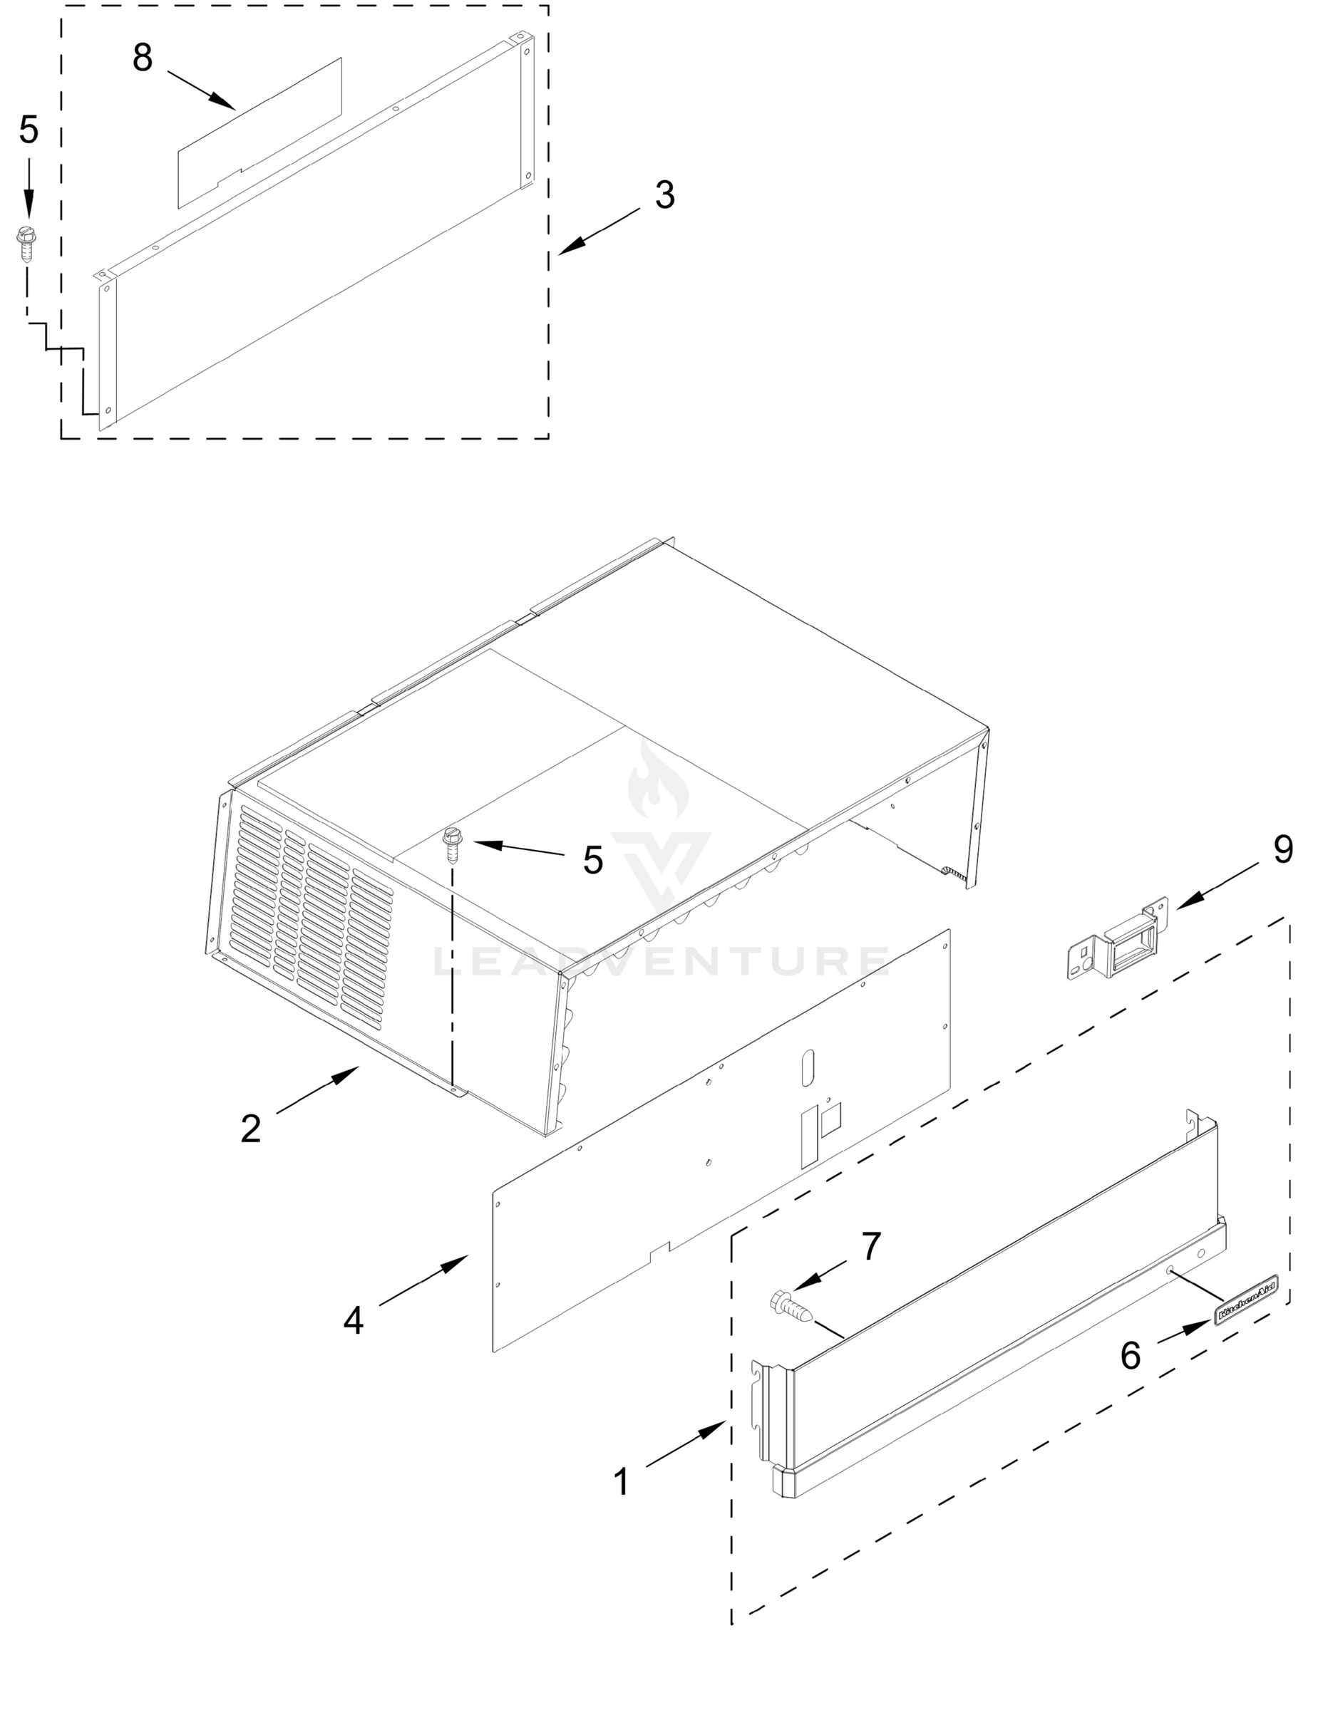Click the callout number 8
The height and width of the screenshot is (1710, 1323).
point(142,58)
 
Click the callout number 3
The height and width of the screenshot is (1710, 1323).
point(664,195)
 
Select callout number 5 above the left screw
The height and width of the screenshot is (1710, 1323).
point(29,129)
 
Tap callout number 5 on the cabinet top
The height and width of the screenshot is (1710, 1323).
point(593,861)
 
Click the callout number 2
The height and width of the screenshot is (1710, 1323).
point(251,1129)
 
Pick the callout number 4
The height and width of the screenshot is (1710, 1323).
point(354,1321)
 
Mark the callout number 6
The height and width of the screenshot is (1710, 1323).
point(1131,1355)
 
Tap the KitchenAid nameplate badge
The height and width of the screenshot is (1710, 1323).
point(1246,1300)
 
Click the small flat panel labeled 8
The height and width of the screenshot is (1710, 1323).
point(259,133)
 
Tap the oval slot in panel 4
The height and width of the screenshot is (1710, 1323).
point(808,1066)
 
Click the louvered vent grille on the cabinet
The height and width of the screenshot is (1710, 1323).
point(314,916)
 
